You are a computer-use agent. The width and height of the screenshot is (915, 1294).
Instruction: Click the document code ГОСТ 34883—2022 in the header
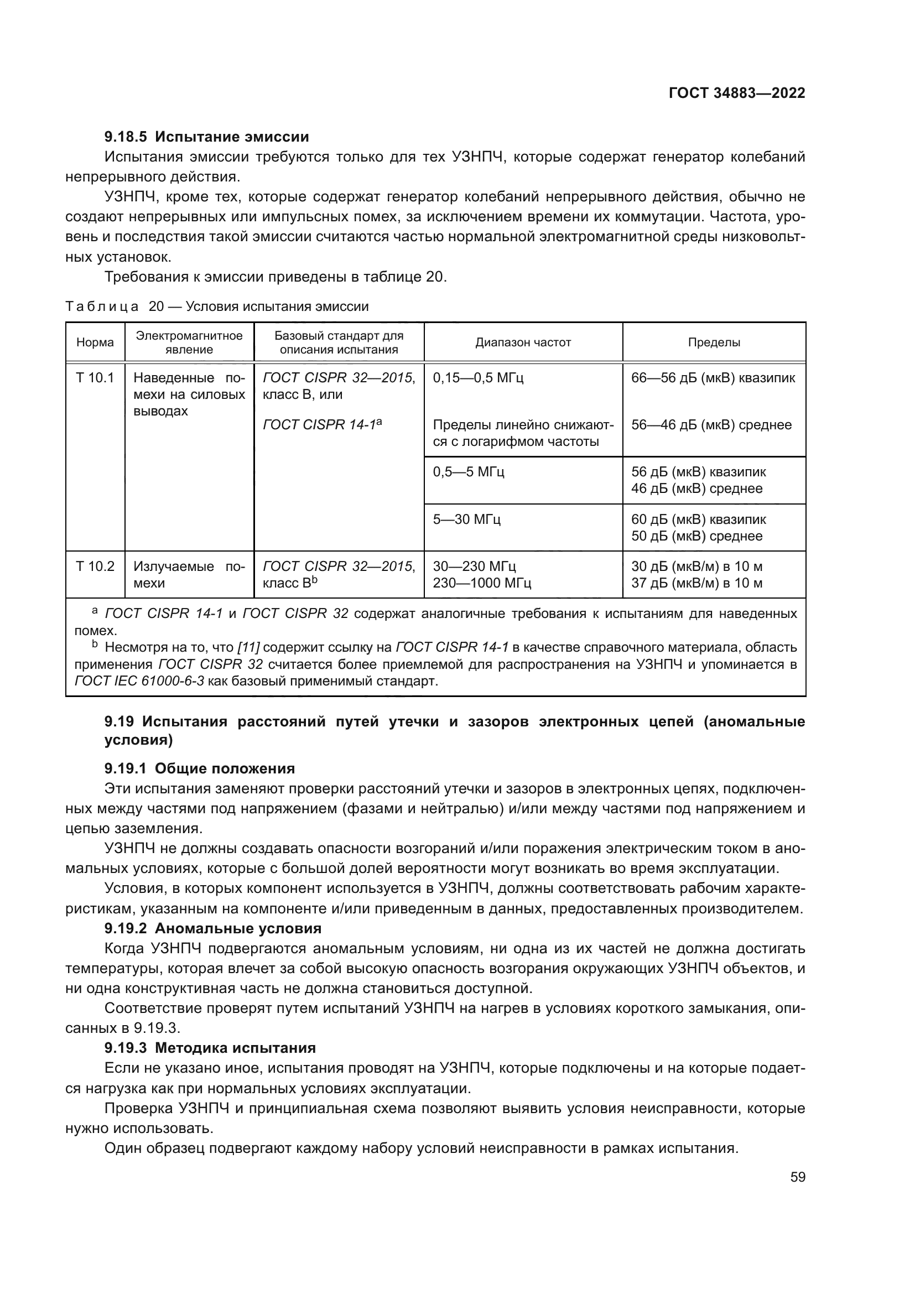(736, 93)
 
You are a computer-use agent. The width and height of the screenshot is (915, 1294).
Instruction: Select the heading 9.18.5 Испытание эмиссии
(207, 137)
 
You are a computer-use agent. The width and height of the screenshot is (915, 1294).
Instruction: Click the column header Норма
(95, 342)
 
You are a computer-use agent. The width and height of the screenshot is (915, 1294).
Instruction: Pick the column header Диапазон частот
(523, 342)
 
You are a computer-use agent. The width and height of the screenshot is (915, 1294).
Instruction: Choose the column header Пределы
(714, 342)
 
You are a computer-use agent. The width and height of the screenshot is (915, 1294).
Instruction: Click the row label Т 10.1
(95, 378)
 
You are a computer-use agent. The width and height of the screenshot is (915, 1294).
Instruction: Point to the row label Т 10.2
(95, 566)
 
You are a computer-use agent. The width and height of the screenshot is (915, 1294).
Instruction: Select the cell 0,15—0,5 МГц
(478, 378)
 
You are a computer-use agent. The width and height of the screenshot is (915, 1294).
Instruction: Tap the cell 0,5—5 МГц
(468, 471)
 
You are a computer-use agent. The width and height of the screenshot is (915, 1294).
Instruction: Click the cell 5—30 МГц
(466, 518)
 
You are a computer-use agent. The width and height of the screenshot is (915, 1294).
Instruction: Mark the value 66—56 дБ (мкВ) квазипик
(713, 378)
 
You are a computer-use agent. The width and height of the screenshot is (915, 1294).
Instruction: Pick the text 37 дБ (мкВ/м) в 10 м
(696, 583)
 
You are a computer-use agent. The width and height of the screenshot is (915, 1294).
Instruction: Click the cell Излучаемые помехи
(189, 574)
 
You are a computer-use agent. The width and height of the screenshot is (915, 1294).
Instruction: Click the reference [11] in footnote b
(248, 647)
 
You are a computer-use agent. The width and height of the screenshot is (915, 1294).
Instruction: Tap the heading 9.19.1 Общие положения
(200, 769)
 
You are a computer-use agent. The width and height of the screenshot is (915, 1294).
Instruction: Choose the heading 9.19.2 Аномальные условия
(213, 928)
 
